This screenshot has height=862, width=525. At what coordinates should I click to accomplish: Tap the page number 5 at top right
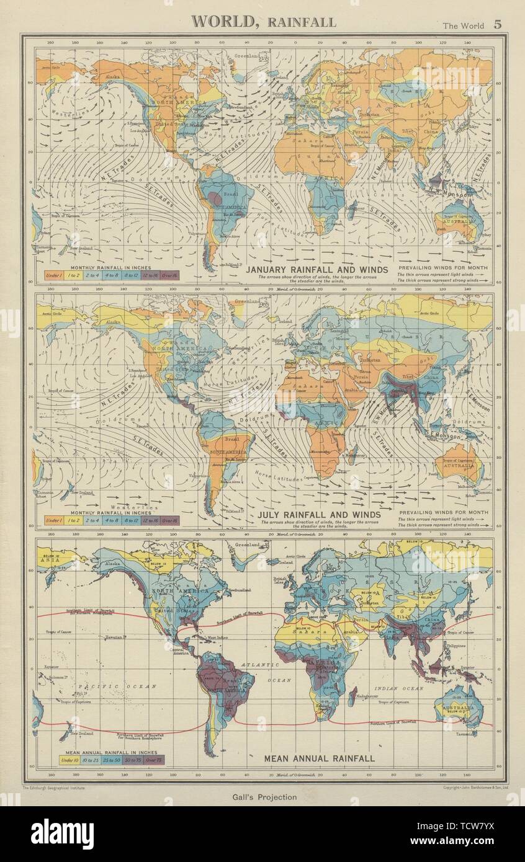[497, 25]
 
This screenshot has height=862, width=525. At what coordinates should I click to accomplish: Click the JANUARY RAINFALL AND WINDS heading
[317, 270]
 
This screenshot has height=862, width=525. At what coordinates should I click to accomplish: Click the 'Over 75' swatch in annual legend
[155, 759]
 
